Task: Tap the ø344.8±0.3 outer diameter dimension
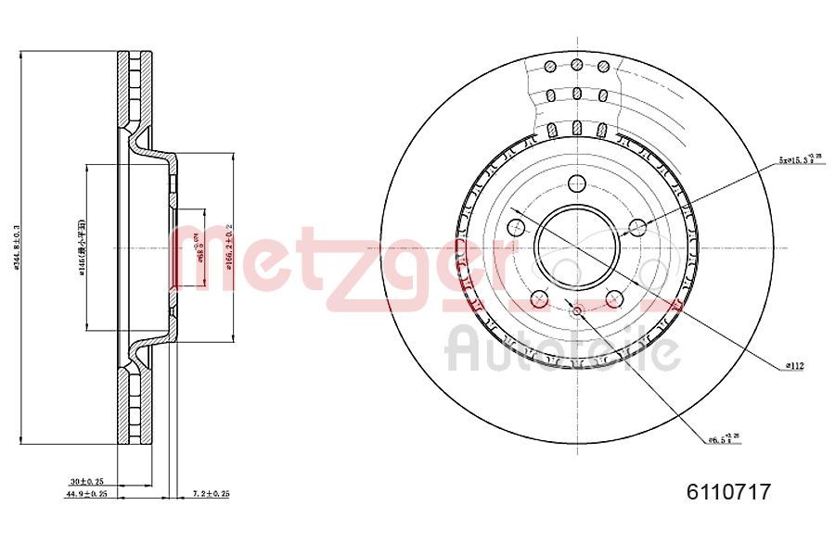pos(17,248)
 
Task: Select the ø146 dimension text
pos(82,248)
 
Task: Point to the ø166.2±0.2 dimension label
pos(227,248)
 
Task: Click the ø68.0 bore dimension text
pos(197,248)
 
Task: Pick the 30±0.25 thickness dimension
pos(88,482)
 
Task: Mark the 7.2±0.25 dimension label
pos(210,494)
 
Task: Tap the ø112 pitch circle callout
pos(793,366)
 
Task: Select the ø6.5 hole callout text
pos(724,438)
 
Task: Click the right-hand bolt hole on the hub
pos(637,227)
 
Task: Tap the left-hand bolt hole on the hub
pos(516,227)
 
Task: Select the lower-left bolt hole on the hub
pos(539,298)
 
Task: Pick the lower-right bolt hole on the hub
pos(614,298)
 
